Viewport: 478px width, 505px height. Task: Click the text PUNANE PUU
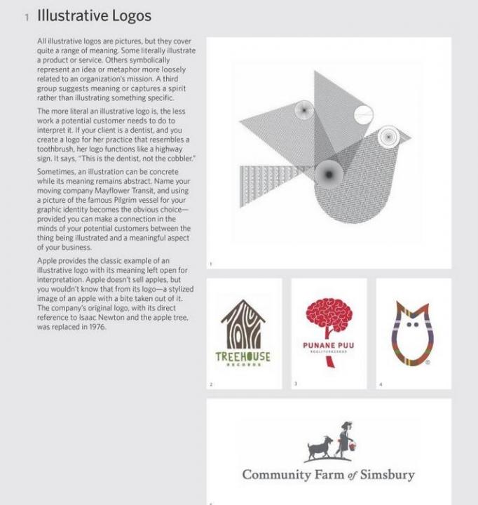(x=328, y=346)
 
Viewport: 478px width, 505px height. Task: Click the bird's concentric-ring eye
(x=388, y=137)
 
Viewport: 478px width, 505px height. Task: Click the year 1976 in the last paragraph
(x=95, y=327)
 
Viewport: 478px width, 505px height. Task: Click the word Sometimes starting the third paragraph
(x=55, y=171)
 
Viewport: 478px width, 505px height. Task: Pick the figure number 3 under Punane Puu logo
(x=296, y=384)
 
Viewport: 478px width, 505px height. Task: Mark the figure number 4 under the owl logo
(x=381, y=384)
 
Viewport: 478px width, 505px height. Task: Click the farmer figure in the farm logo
(x=346, y=438)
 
